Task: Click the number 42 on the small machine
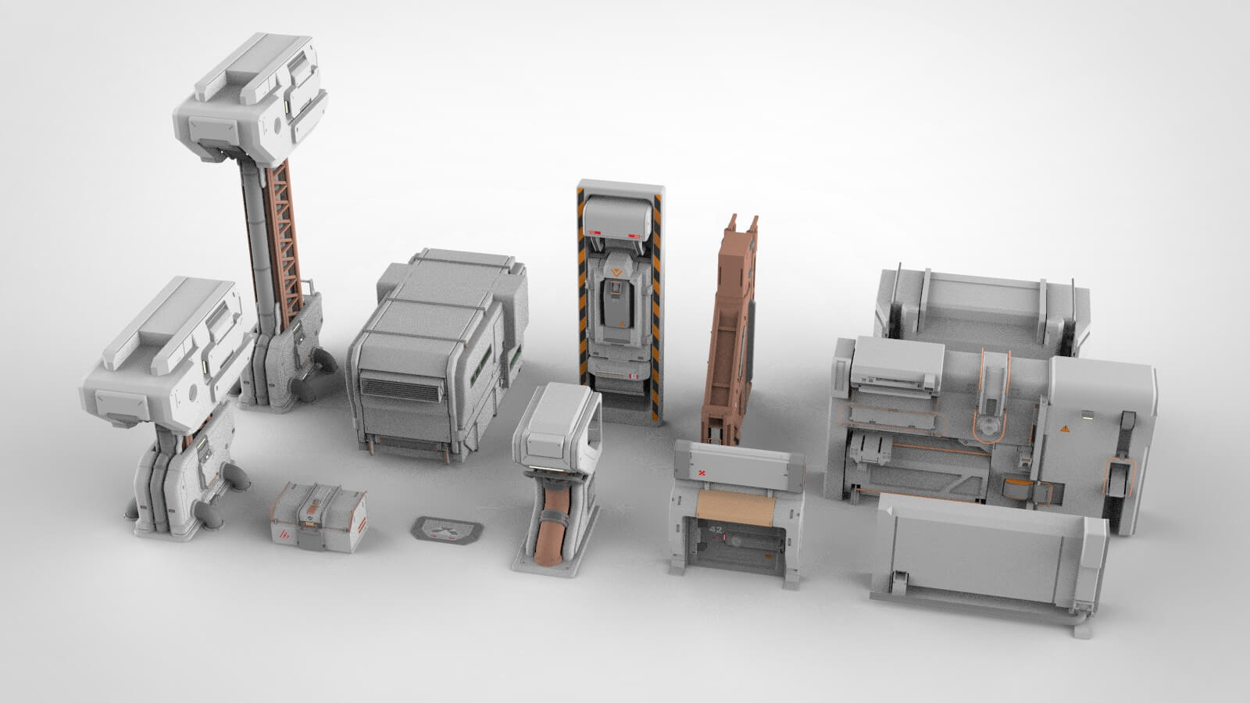pos(716,530)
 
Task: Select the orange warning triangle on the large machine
pos(1064,429)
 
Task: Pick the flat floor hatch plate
pos(447,530)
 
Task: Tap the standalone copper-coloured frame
pos(730,328)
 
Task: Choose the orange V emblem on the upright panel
pos(617,273)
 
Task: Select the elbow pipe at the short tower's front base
pos(209,514)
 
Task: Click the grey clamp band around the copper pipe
pos(555,516)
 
